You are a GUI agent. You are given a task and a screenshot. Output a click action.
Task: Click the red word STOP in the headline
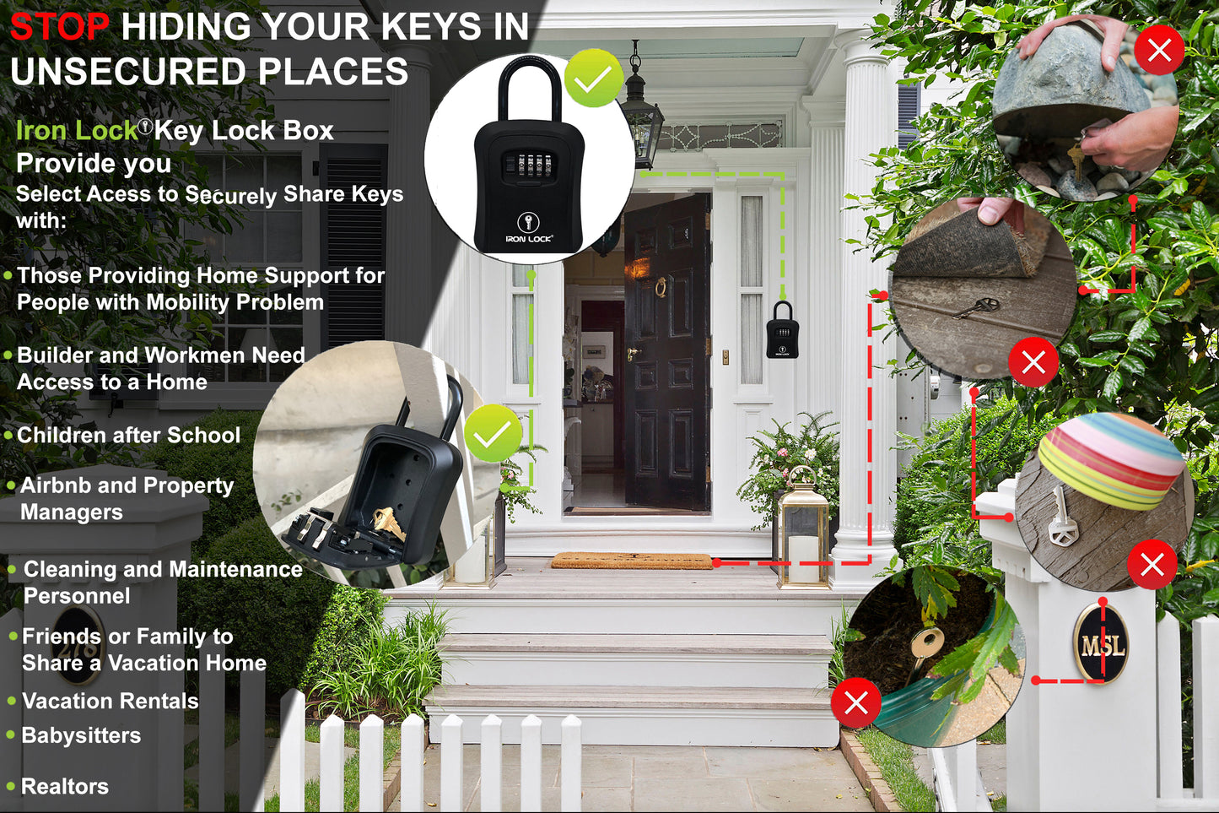coord(59,27)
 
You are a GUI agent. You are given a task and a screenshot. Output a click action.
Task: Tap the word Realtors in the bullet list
coord(65,787)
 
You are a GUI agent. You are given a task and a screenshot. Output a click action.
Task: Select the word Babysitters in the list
coord(81,735)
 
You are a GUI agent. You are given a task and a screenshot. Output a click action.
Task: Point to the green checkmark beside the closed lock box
coord(594,79)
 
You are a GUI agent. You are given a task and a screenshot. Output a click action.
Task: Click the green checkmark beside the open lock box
coord(493,433)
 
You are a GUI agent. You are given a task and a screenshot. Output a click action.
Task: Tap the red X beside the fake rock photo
coord(1159,51)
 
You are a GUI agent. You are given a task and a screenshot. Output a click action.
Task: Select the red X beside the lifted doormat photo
coord(1033,362)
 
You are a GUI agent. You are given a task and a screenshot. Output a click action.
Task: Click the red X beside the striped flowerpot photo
coord(1152,564)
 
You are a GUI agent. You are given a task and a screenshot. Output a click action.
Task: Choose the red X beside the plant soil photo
coord(856,702)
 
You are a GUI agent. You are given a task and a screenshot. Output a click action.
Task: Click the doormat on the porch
coord(632,561)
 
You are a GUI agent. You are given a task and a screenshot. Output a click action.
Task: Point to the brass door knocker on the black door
coord(661,288)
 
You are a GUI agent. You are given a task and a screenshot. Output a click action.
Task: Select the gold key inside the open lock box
coord(388,523)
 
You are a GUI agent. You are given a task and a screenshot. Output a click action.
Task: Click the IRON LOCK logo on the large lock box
coord(529,229)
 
